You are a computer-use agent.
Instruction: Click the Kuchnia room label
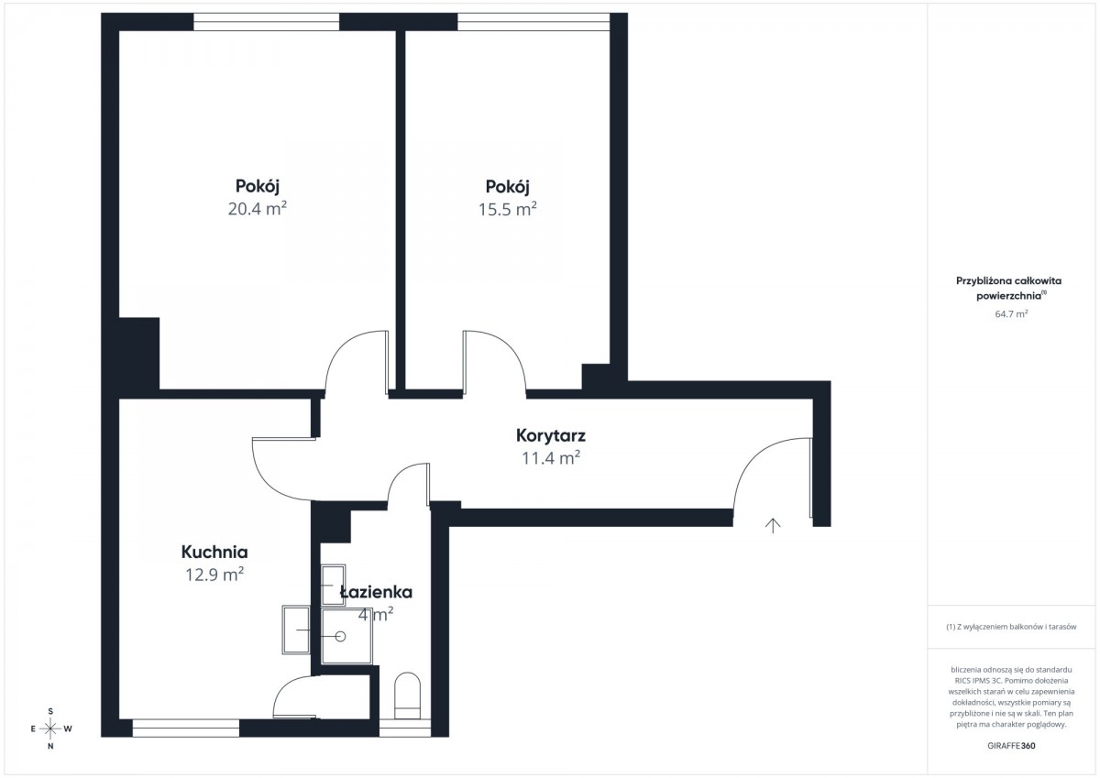(x=214, y=553)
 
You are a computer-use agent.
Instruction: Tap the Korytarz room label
(x=551, y=435)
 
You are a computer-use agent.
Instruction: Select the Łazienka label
(x=376, y=593)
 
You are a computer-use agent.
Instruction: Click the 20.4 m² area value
(x=258, y=209)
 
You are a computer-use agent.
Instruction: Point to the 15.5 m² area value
(x=507, y=210)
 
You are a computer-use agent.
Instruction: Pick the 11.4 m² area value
(x=551, y=458)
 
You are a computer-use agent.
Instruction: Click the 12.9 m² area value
(x=214, y=575)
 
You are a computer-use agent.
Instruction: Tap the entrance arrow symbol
(x=773, y=525)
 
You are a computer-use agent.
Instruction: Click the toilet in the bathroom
(x=408, y=696)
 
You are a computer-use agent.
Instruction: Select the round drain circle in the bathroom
(x=340, y=637)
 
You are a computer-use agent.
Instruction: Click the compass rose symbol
(x=50, y=729)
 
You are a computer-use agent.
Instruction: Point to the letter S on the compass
(x=50, y=711)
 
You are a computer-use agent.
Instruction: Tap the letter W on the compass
(x=68, y=729)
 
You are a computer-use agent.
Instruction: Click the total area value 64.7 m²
(x=1011, y=314)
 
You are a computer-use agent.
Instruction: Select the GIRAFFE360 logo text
(x=1011, y=746)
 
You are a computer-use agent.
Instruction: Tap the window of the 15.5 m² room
(x=533, y=22)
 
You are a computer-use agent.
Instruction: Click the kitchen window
(x=185, y=728)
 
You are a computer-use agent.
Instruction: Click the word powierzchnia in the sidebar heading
(x=1008, y=296)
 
